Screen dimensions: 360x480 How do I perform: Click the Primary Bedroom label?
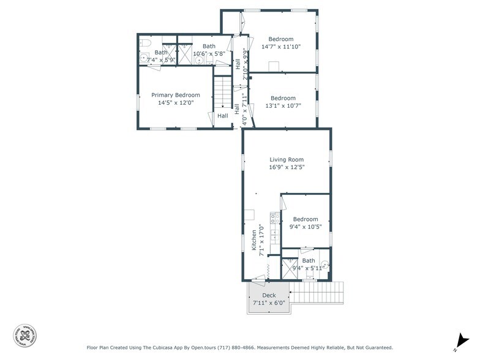coord(175,95)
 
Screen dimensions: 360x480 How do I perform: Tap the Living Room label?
coord(287,160)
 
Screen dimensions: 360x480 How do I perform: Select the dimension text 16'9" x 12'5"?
coord(287,167)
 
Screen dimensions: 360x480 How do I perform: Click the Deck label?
coord(268,295)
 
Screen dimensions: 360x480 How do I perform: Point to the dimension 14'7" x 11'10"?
coord(281,47)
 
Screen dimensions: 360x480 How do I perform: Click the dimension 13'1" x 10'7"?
coord(283,106)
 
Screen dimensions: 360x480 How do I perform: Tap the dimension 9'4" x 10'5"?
coord(305,227)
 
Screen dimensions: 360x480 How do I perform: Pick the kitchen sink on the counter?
coord(274,235)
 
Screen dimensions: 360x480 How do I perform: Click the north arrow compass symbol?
coord(460,340)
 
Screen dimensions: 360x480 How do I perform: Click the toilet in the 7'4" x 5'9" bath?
coord(144,43)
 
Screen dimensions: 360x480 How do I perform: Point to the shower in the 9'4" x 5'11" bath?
coord(289,268)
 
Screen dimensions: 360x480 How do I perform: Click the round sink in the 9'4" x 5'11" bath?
coord(325,266)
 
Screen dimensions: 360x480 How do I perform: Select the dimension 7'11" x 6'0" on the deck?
coord(269,302)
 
